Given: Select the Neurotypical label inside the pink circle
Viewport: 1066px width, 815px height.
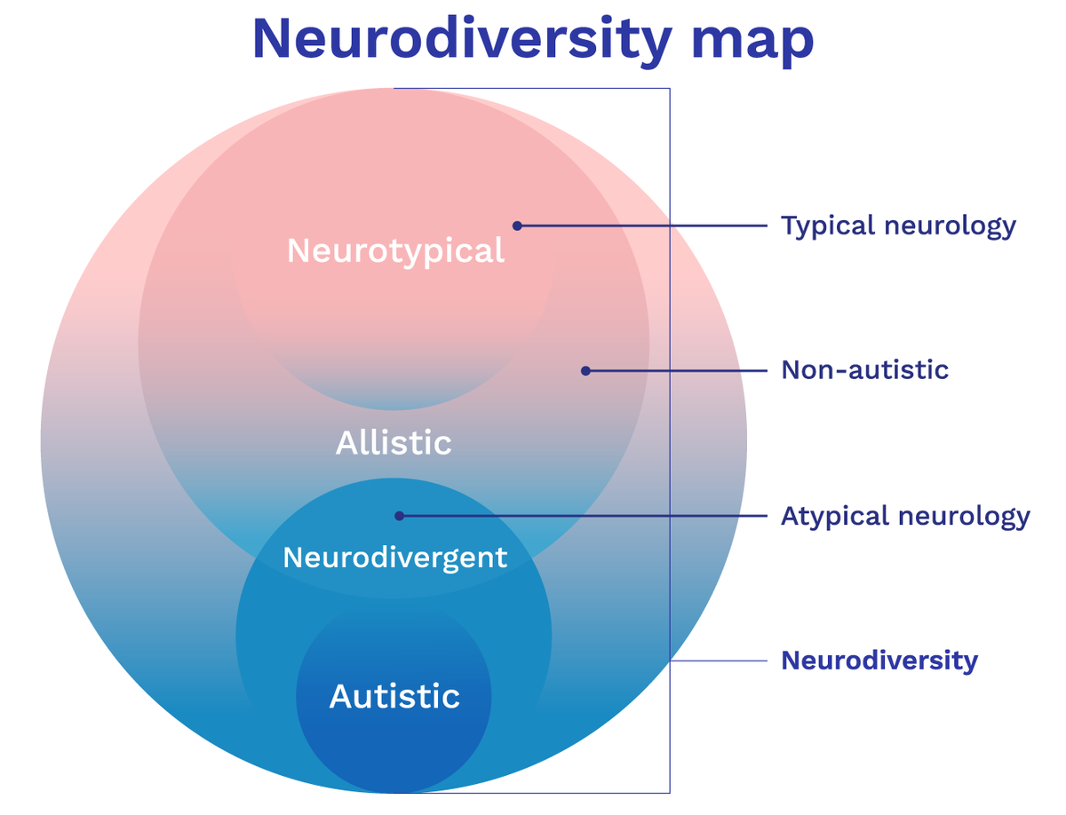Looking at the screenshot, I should point(395,251).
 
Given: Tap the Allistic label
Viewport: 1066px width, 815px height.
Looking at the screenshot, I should point(394,442).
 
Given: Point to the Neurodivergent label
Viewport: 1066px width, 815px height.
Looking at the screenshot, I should point(394,558).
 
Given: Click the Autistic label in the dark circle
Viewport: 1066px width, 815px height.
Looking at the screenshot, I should point(394,696).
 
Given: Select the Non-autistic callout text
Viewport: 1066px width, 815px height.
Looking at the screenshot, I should point(864,369).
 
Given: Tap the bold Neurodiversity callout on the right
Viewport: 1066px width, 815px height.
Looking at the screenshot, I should point(879,661).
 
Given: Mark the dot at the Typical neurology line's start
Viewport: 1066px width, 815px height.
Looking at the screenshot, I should point(517,226).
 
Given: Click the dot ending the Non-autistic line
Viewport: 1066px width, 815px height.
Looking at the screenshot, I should point(585,370).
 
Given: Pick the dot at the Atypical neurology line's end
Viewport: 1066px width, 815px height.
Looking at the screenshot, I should point(400,515).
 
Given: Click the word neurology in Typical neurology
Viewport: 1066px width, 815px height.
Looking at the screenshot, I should point(950,226).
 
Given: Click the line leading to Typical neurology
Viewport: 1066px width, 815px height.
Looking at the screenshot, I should point(640,226).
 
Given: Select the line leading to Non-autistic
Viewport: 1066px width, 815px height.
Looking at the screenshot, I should point(675,370).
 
